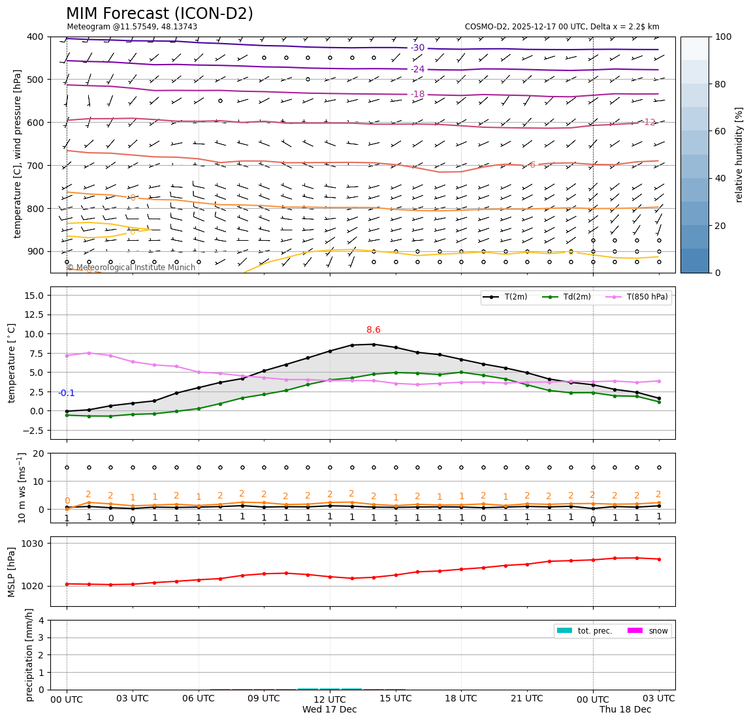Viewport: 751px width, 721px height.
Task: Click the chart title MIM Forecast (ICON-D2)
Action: click(x=159, y=14)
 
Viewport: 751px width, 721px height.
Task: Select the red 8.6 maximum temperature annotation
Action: click(x=374, y=330)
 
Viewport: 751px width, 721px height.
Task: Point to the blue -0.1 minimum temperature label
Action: click(x=67, y=393)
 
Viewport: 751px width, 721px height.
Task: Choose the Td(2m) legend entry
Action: click(x=575, y=298)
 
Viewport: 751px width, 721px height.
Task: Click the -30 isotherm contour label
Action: click(x=417, y=48)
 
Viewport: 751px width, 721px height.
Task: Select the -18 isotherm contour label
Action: click(x=417, y=95)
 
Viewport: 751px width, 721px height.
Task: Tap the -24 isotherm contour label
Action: click(x=417, y=69)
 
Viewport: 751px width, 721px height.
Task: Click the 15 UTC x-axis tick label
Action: click(x=396, y=699)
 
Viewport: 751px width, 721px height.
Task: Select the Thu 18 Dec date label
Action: click(x=625, y=710)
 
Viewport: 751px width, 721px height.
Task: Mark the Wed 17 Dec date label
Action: click(x=329, y=710)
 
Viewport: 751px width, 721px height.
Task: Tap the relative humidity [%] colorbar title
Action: click(x=740, y=155)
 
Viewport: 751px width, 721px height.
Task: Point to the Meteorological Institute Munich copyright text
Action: click(x=131, y=268)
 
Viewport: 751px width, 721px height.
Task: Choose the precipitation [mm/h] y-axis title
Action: click(x=29, y=654)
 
